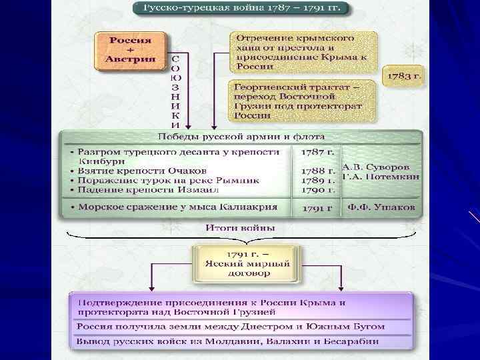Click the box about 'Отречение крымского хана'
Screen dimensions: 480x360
pyautogui.click(x=304, y=50)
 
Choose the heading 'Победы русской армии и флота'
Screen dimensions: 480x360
pyautogui.click(x=243, y=137)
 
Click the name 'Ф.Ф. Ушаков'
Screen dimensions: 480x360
pyautogui.click(x=381, y=207)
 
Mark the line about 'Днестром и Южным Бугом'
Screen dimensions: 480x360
pyautogui.click(x=230, y=327)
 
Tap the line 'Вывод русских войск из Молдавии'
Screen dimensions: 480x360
pyautogui.click(x=227, y=341)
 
